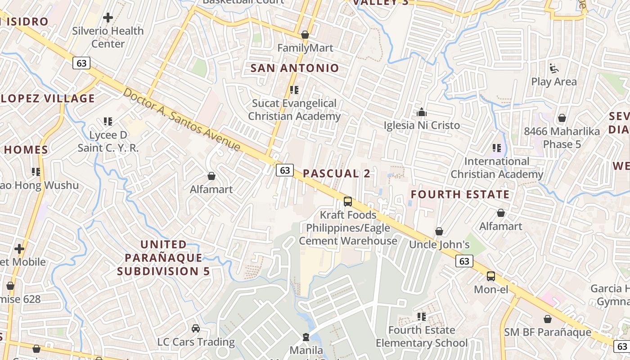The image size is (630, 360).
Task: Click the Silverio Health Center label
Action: pos(108,37)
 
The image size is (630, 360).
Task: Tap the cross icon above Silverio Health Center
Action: pos(108,18)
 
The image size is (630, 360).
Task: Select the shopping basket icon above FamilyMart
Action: pos(305,35)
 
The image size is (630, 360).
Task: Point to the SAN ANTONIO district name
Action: pos(294,68)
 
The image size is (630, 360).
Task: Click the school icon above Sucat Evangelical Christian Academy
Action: pos(294,90)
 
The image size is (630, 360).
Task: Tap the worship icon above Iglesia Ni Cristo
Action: pos(422,112)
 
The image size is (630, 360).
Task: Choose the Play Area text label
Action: pos(554,82)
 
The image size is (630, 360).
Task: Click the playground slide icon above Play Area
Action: pos(554,69)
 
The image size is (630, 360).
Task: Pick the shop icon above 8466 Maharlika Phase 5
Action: pos(562,118)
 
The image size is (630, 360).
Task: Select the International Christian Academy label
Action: pos(497,167)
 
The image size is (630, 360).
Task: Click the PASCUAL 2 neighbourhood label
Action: pos(337,174)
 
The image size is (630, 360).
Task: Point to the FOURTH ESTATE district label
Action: pos(460,194)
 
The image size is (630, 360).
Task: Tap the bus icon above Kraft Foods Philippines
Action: pos(348,202)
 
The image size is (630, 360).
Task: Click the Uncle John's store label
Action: pos(439,244)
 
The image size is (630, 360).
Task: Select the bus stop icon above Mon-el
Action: pos(491,276)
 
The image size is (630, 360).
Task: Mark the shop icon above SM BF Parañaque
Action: pos(548,319)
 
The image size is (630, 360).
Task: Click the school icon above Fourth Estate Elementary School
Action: pos(422,317)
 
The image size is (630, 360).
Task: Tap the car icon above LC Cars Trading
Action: pos(196,328)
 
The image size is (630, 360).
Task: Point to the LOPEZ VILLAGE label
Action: pos(48,99)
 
